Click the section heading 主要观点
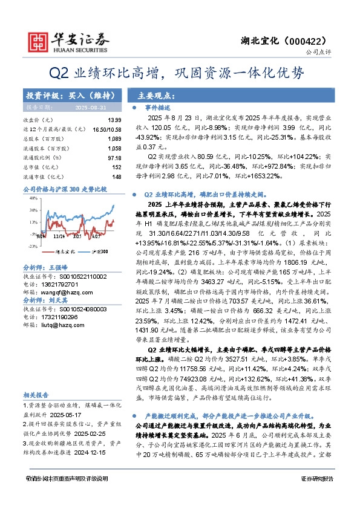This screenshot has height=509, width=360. tap(152, 96)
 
